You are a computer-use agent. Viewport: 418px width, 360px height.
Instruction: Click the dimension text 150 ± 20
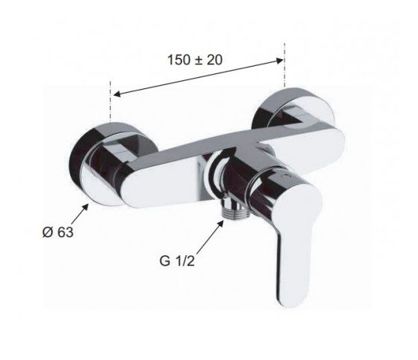pos(195,60)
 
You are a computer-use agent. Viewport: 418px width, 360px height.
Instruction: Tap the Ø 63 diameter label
pos(58,233)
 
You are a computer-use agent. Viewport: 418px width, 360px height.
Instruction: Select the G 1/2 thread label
pos(177,260)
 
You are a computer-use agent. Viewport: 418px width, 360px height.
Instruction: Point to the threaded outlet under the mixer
pos(234,208)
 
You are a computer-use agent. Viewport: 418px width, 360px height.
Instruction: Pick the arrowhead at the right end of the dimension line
pos(279,61)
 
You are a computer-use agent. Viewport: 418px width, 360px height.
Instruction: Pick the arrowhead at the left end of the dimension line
pos(118,94)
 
